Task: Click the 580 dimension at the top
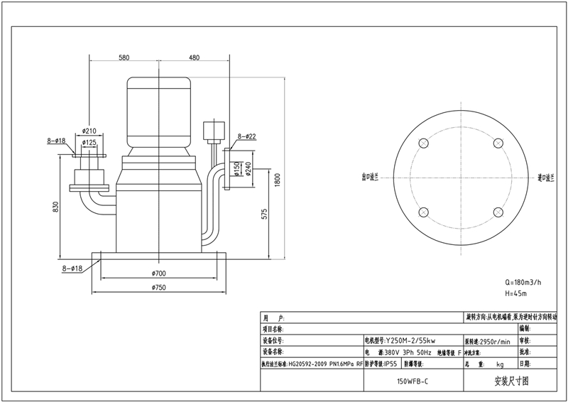pyautogui.click(x=124, y=57)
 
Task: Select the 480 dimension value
pyautogui.click(x=194, y=57)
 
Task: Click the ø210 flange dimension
pyautogui.click(x=89, y=131)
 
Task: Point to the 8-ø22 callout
pyautogui.click(x=246, y=136)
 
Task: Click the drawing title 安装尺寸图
pyautogui.click(x=511, y=381)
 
